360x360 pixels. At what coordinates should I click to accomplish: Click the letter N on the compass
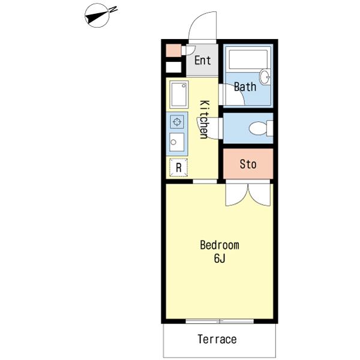point(113,10)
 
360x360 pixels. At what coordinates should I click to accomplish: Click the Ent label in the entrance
point(203,61)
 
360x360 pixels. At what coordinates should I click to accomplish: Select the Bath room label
point(245,87)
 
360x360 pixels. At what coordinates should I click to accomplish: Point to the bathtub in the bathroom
point(248,59)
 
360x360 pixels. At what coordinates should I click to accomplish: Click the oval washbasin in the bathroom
point(265,77)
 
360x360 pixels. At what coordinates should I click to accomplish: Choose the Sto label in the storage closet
point(248,164)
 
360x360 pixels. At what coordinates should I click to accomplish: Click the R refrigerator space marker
point(179,167)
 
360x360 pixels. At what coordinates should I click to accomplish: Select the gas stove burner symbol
point(177,122)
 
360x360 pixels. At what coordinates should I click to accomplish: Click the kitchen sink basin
point(177,142)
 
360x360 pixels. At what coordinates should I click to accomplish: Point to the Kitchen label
point(205,119)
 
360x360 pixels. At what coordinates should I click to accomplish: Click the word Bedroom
point(220,245)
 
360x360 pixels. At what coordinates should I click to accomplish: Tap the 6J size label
point(220,259)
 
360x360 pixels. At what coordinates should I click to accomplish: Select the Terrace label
point(217,339)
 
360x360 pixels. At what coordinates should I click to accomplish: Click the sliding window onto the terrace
point(220,321)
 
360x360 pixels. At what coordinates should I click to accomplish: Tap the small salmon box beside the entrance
point(173,50)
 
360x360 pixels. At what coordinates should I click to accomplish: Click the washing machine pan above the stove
point(179,94)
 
